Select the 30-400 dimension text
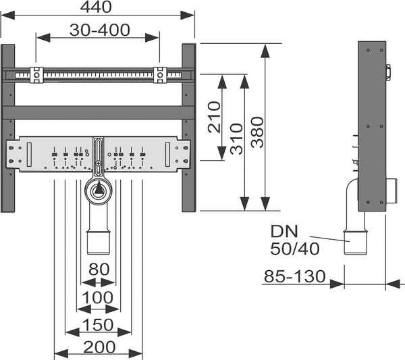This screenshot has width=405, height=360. [99, 30]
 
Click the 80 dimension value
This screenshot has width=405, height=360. [99, 269]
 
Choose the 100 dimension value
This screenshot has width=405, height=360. [99, 298]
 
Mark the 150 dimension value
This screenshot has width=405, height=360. [99, 326]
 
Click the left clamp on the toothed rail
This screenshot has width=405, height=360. [36, 74]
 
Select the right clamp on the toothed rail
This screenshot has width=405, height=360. [161, 74]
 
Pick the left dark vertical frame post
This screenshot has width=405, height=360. [8, 128]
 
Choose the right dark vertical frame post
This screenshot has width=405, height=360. [188, 128]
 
